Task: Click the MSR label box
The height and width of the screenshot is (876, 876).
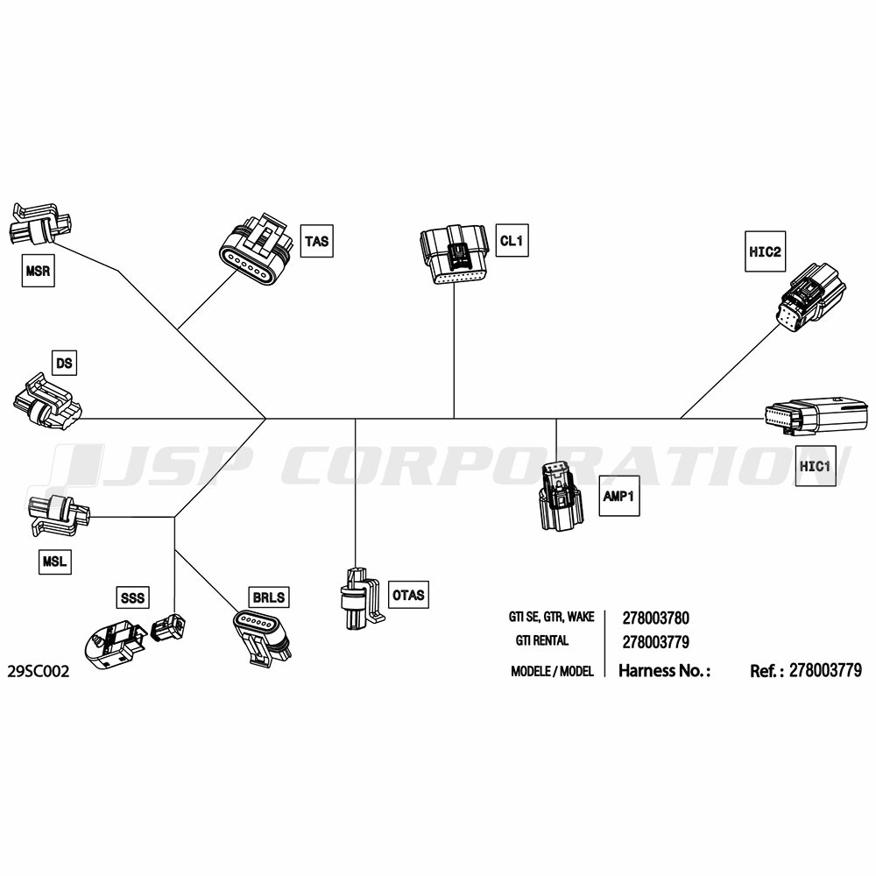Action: click(38, 272)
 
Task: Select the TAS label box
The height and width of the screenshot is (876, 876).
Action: click(317, 240)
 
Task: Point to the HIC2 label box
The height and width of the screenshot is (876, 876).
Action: click(765, 252)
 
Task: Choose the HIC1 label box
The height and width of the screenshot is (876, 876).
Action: click(814, 466)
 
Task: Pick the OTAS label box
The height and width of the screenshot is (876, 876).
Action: click(408, 596)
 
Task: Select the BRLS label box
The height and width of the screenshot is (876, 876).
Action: click(269, 597)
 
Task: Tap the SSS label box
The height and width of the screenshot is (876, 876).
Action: click(131, 597)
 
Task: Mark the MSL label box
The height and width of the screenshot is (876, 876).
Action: click(54, 560)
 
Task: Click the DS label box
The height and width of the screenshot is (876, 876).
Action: click(64, 362)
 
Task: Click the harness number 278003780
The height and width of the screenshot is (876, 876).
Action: click(655, 618)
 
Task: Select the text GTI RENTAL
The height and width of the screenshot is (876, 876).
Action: click(542, 640)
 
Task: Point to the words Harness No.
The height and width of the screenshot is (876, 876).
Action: click(663, 671)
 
